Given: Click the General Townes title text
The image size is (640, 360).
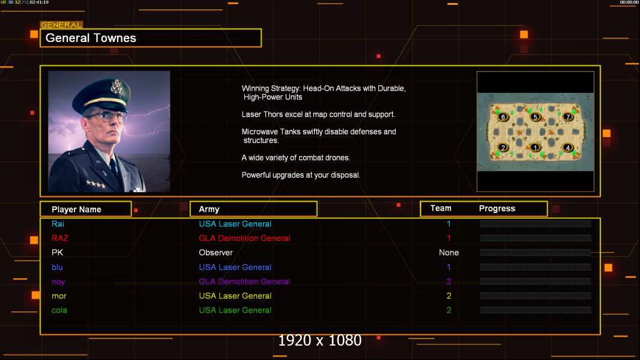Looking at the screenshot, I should pyautogui.click(x=91, y=38).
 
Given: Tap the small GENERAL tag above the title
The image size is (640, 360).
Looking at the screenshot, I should pyautogui.click(x=61, y=25).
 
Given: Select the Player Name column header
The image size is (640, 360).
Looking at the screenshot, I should pyautogui.click(x=76, y=209).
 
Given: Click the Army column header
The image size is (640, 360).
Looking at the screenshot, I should pyautogui.click(x=209, y=209).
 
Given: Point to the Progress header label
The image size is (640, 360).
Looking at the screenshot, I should pyautogui.click(x=497, y=209).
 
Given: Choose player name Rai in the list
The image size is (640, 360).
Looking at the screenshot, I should pyautogui.click(x=58, y=224).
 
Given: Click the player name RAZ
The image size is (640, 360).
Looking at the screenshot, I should pyautogui.click(x=60, y=238).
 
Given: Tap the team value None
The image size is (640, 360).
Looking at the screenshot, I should pyautogui.click(x=448, y=253).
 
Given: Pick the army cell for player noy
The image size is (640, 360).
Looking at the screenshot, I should pyautogui.click(x=244, y=281).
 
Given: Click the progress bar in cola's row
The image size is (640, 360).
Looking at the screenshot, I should pyautogui.click(x=535, y=310).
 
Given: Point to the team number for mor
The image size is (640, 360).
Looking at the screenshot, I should pyautogui.click(x=448, y=296).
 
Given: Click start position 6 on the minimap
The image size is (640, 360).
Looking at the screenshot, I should pyautogui.click(x=503, y=117).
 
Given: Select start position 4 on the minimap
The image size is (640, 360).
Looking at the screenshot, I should pyautogui.click(x=567, y=148).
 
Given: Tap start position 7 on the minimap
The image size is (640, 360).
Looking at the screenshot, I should pyautogui.click(x=567, y=117).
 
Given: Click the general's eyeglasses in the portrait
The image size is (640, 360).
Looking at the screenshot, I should pyautogui.click(x=106, y=115).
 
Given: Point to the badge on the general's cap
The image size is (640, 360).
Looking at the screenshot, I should pyautogui.click(x=117, y=88).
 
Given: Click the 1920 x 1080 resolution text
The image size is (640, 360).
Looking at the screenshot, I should pyautogui.click(x=319, y=341).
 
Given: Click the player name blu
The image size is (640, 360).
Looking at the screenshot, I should pyautogui.click(x=57, y=267).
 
